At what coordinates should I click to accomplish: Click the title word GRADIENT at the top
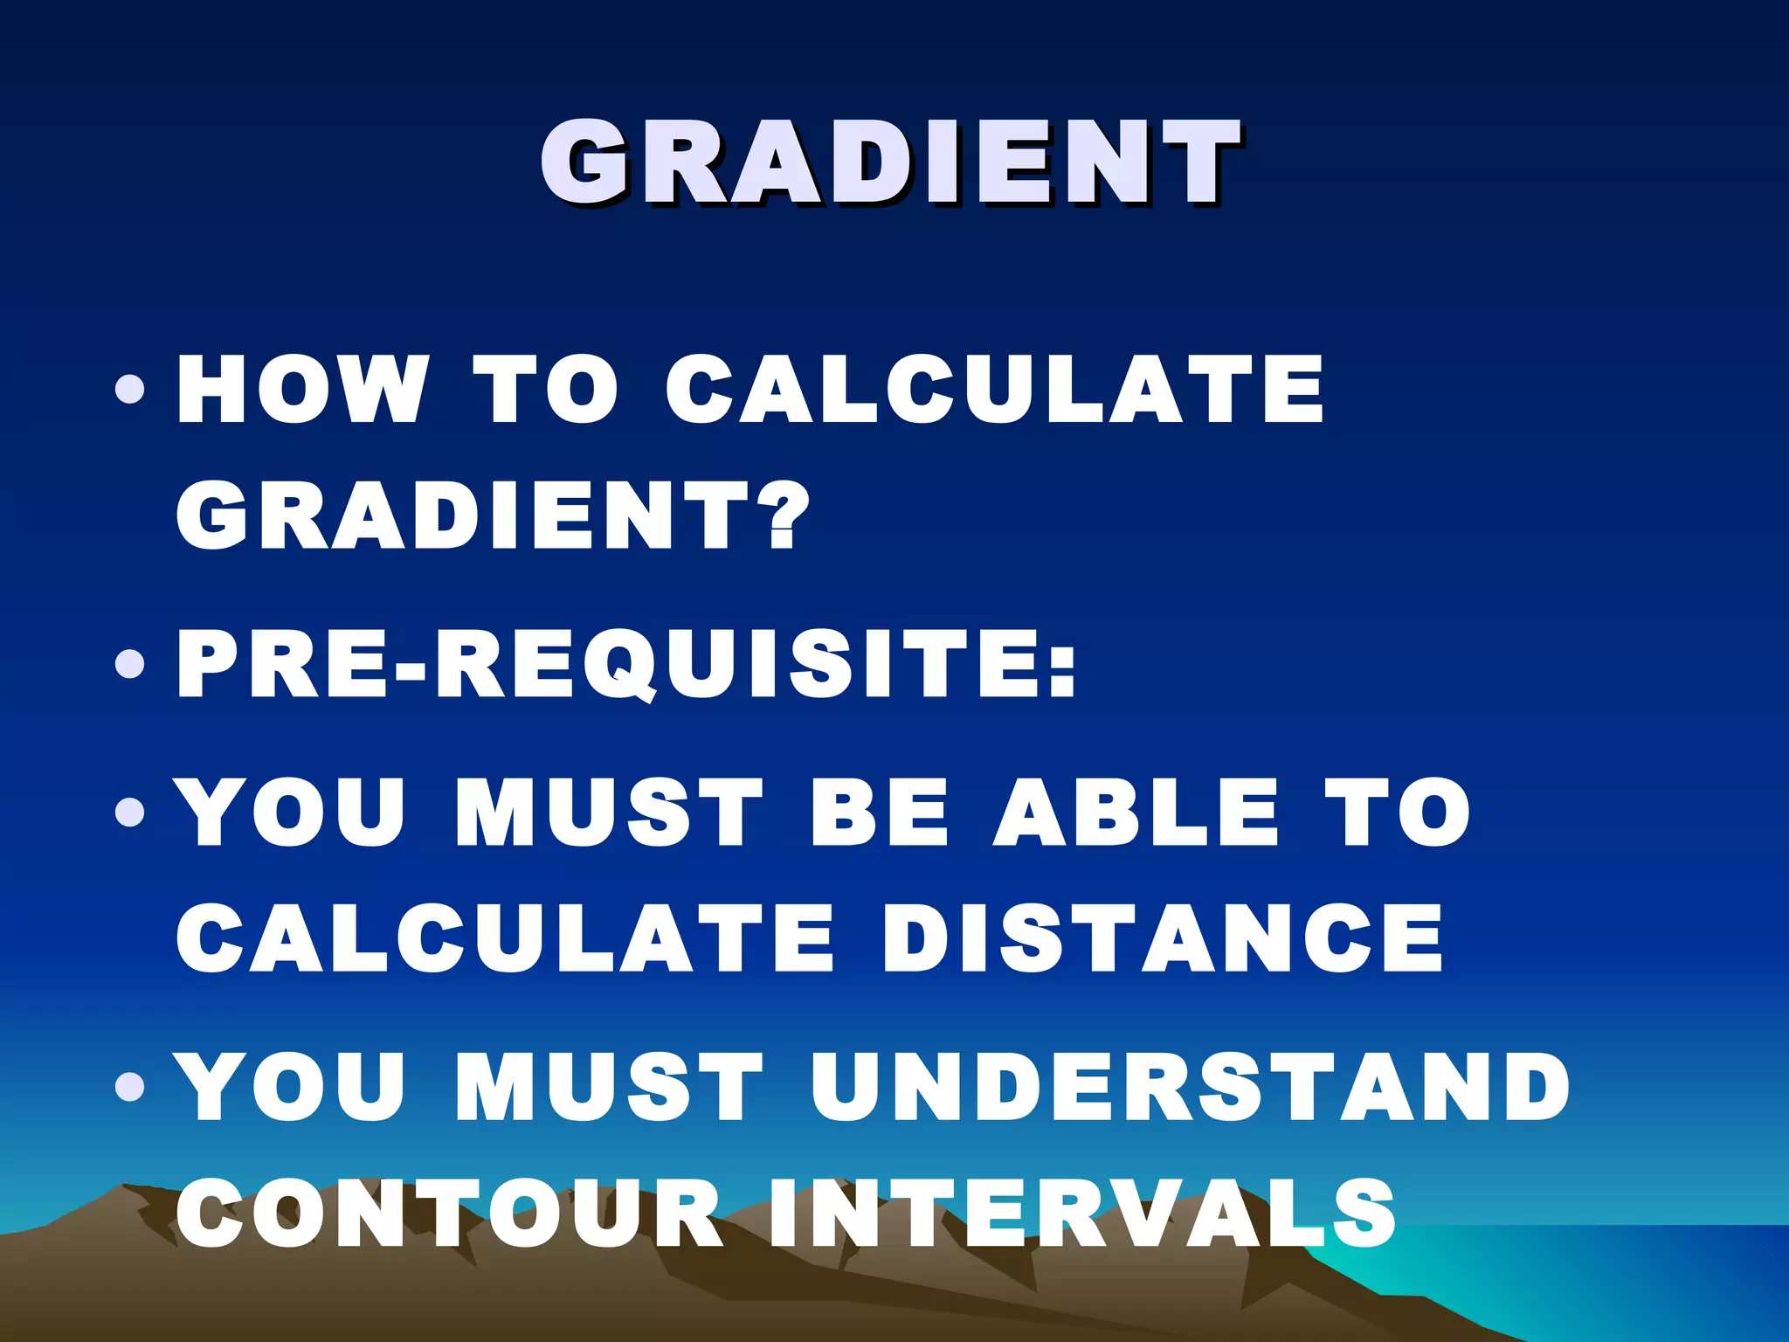point(891,163)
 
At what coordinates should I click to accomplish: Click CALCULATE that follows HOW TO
point(995,390)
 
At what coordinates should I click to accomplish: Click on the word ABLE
point(1136,813)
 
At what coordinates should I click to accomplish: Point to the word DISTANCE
point(1163,938)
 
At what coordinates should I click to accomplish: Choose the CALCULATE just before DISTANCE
point(506,938)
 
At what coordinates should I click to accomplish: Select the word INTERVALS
point(1082,1213)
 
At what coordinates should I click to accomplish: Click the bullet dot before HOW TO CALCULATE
point(130,390)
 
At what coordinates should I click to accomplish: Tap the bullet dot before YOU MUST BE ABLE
point(130,813)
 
